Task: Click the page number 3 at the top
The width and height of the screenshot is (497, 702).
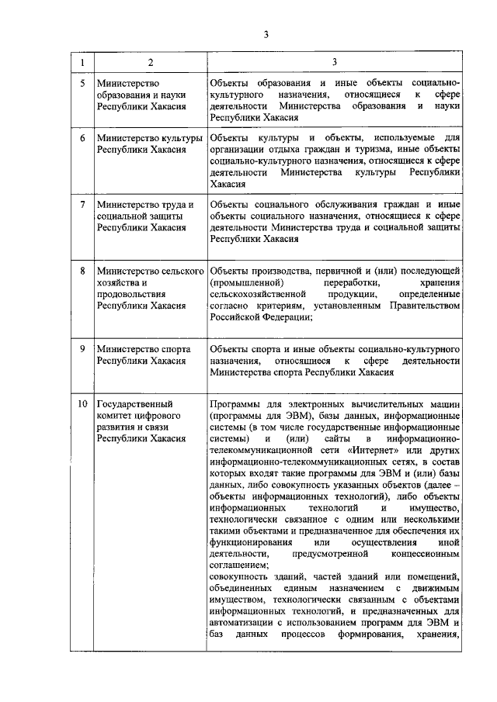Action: tap(266, 35)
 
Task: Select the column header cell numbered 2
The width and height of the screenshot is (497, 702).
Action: tap(150, 61)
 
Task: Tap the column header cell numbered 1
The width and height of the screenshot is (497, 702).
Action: tap(82, 61)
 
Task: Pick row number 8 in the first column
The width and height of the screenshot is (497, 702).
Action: tap(82, 271)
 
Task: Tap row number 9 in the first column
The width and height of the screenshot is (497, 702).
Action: tap(82, 349)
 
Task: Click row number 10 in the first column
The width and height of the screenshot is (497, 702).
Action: tap(82, 405)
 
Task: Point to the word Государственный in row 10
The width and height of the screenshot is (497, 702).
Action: tap(134, 405)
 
